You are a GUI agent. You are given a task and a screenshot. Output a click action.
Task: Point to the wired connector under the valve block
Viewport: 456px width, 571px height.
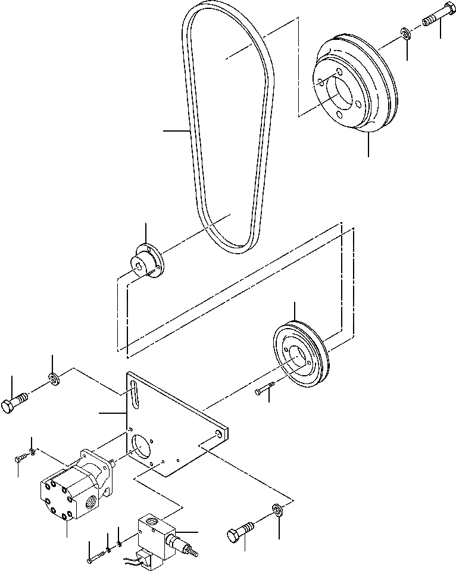tap(143, 559)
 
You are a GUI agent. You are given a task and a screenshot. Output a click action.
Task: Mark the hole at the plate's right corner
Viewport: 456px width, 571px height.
tap(222, 434)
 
